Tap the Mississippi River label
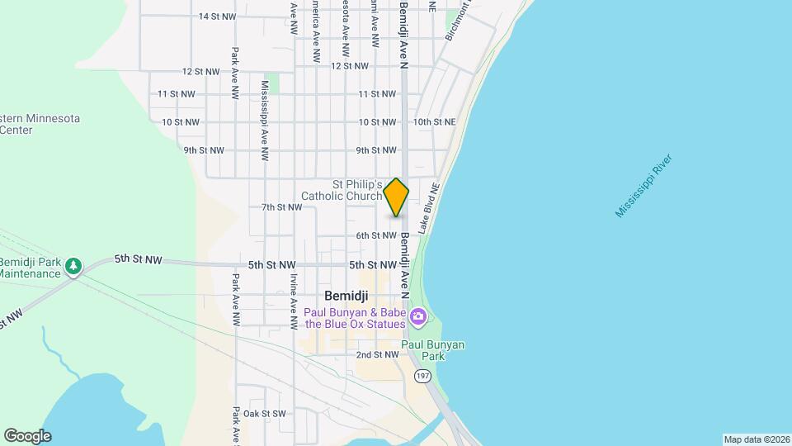pos(644,186)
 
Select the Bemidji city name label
pos(346,295)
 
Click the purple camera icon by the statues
pos(418,316)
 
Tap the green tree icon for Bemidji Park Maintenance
pos(75,266)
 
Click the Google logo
pos(27,436)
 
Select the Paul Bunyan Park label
pos(433,350)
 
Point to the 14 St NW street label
pos(217,17)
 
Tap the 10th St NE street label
pos(434,122)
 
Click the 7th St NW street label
pos(281,207)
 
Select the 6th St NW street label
pos(376,236)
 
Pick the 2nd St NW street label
pos(376,355)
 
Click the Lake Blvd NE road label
pos(427,207)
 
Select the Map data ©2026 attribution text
pos(756,439)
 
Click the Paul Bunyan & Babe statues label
pos(355,318)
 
